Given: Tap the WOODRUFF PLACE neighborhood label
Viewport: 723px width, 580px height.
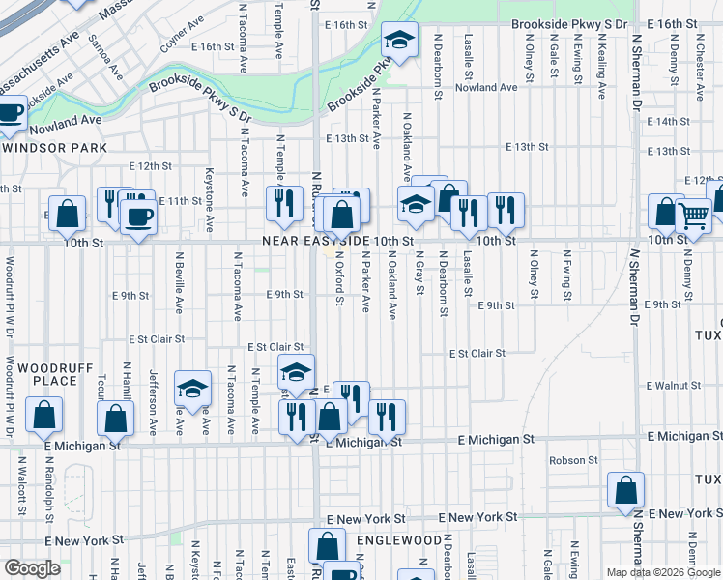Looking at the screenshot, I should (40, 373).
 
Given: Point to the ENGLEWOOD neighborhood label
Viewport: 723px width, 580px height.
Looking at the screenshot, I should (398, 539).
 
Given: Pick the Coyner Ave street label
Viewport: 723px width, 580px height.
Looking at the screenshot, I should (181, 39).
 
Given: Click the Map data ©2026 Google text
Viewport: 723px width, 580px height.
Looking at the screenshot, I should (662, 572).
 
